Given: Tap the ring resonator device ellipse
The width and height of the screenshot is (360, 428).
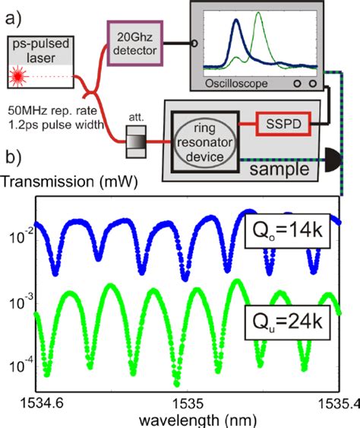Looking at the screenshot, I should (200, 140).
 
